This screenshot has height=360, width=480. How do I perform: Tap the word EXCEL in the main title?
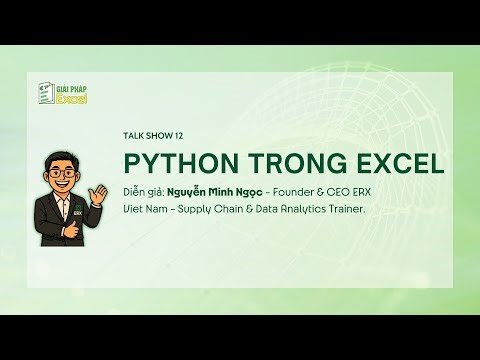385,163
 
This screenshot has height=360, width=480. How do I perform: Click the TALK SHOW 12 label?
152,135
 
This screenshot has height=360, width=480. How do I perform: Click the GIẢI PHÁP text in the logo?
71,88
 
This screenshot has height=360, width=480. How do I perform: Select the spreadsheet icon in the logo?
44,93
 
